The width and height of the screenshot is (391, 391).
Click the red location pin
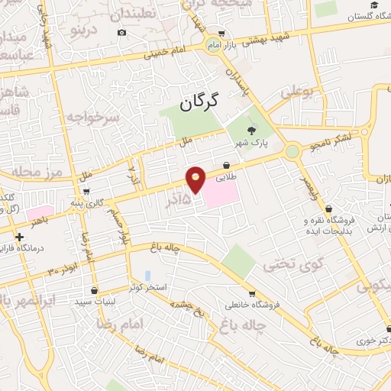pyautogui.click(x=196, y=179)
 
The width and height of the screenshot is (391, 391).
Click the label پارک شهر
pyautogui.click(x=252, y=143)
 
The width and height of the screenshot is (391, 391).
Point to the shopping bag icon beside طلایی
pyautogui.click(x=227, y=165)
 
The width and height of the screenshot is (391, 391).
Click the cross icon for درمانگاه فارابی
pyautogui.click(x=19, y=237)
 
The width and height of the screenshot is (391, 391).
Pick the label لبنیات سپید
pyautogui.click(x=94, y=302)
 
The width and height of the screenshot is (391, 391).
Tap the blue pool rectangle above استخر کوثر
pyautogui.click(x=147, y=275)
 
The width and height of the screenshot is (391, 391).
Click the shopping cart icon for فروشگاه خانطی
pyautogui.click(x=252, y=293)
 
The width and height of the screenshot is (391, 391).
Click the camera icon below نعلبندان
pyautogui.click(x=123, y=33)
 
